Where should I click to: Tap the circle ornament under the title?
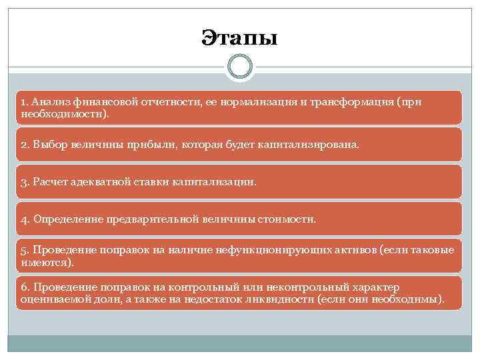[x=239, y=67]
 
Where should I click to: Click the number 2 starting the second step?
[x=24, y=144]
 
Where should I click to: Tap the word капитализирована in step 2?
[x=314, y=144]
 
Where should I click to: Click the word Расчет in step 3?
[x=49, y=181]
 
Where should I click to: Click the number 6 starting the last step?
[x=24, y=287]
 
